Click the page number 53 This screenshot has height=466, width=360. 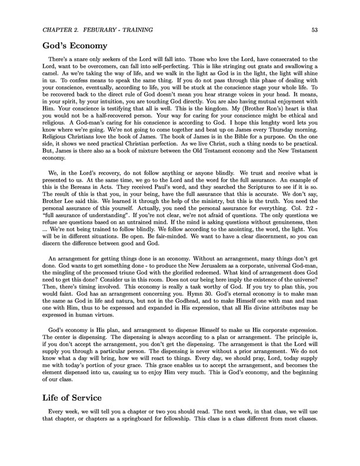point(316,29)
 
